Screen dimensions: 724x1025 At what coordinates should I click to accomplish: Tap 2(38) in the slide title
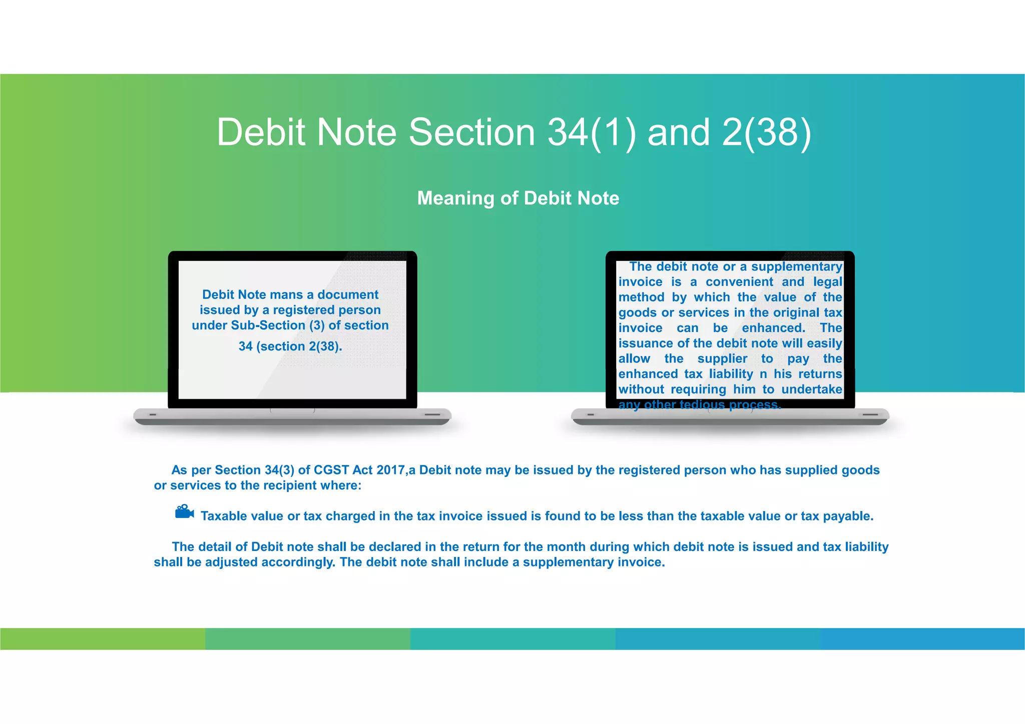[x=766, y=132]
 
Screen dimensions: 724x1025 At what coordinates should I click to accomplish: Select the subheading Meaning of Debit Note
[x=518, y=198]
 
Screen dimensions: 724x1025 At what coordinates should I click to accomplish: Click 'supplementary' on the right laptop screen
[x=796, y=267]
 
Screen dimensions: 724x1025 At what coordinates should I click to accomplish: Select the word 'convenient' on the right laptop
[x=739, y=282]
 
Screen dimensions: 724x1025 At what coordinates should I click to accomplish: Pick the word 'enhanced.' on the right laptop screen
[x=773, y=328]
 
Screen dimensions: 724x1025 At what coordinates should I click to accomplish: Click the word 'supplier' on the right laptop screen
[x=722, y=359]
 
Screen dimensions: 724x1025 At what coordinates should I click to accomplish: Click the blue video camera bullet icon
[x=184, y=512]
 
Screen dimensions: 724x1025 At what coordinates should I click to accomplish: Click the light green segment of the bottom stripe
[x=103, y=638]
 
